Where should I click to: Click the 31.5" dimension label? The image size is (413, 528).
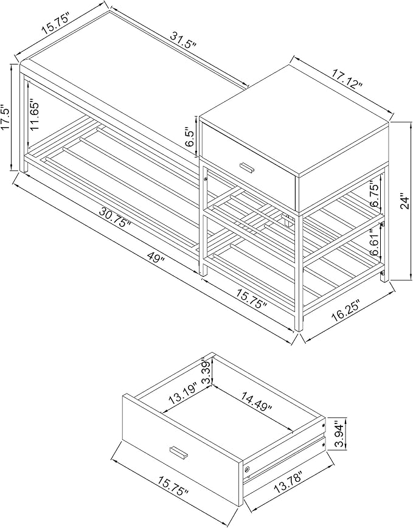click(182, 41)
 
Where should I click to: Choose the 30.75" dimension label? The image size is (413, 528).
click(115, 218)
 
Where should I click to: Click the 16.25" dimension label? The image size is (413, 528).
click(345, 308)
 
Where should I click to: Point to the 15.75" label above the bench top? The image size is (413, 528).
click(55, 23)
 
